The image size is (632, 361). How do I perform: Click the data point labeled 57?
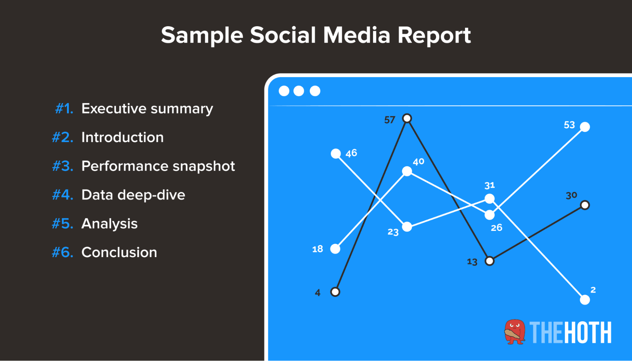tap(407, 118)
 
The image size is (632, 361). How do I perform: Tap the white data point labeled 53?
tap(585, 127)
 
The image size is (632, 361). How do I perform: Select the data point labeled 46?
tap(336, 154)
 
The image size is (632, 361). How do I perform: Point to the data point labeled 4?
tap(335, 292)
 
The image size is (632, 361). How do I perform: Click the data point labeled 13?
tap(489, 261)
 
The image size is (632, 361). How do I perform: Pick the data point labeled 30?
tap(585, 205)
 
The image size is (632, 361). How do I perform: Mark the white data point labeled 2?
tap(585, 300)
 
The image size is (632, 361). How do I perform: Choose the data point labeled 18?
tap(335, 249)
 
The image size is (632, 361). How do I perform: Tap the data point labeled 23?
tap(407, 227)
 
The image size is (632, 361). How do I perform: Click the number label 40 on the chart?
tap(419, 162)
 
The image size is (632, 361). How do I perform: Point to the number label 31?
tap(489, 185)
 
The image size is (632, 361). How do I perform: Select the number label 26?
tap(496, 228)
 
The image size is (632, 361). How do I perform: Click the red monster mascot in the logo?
tap(515, 332)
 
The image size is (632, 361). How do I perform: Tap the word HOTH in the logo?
tap(588, 333)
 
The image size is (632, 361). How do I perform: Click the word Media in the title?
tap(357, 35)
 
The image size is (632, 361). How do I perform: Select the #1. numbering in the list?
tap(64, 109)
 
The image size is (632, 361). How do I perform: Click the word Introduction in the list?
tap(122, 137)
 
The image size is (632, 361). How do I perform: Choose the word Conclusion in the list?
tap(119, 252)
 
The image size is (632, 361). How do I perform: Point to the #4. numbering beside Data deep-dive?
tap(63, 195)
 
